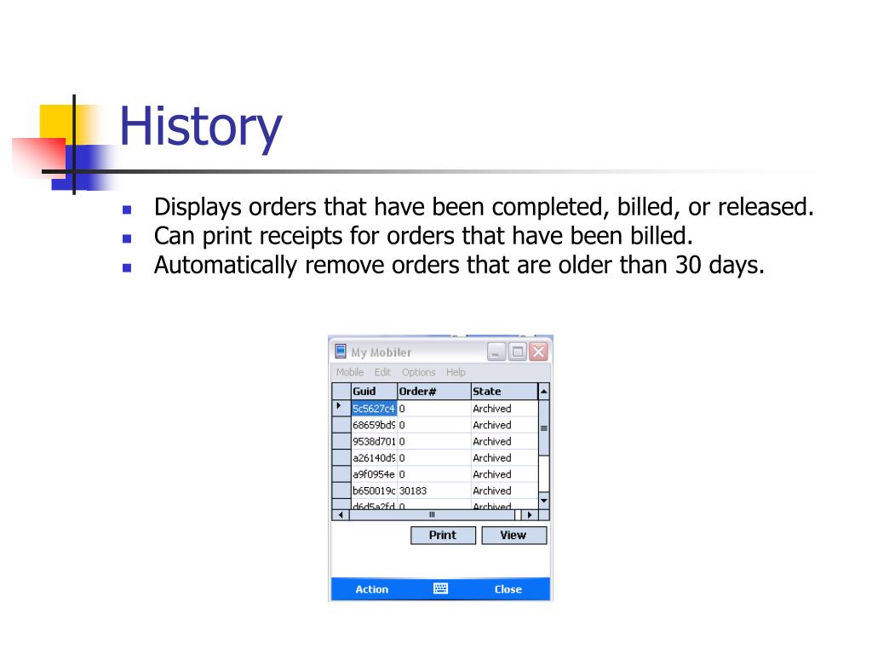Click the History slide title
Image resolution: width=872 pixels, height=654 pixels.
point(201,128)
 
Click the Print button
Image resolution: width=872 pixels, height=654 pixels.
point(443,535)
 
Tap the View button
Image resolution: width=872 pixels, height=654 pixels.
point(513,535)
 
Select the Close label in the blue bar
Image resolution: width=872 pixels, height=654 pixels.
point(508,589)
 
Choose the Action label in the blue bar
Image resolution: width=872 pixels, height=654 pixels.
point(371,589)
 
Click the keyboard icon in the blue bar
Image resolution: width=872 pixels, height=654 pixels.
point(440,588)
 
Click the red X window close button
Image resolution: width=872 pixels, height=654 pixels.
point(538,352)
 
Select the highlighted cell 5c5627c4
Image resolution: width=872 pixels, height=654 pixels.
point(374,408)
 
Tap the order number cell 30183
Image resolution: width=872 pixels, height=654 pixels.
point(413,490)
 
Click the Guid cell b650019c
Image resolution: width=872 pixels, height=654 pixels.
point(374,490)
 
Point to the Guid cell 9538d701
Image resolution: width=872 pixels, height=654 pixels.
point(374,441)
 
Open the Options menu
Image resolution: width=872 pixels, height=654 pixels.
point(418,372)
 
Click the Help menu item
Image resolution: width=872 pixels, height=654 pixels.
point(456,372)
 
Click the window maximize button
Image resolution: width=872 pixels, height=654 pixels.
point(517,352)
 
